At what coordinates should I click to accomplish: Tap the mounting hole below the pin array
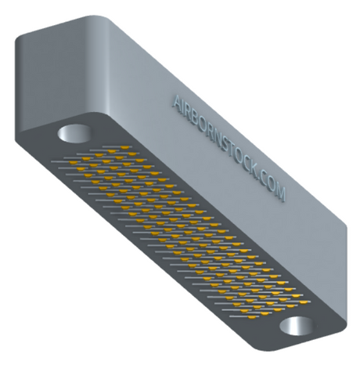click(x=297, y=326)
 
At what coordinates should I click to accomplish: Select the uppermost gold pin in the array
click(x=124, y=147)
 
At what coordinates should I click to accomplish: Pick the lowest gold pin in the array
click(x=252, y=317)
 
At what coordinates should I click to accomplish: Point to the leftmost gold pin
click(x=74, y=163)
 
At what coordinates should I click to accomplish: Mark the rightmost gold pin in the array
click(x=303, y=302)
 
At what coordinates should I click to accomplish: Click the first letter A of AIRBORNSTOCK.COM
click(x=178, y=102)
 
